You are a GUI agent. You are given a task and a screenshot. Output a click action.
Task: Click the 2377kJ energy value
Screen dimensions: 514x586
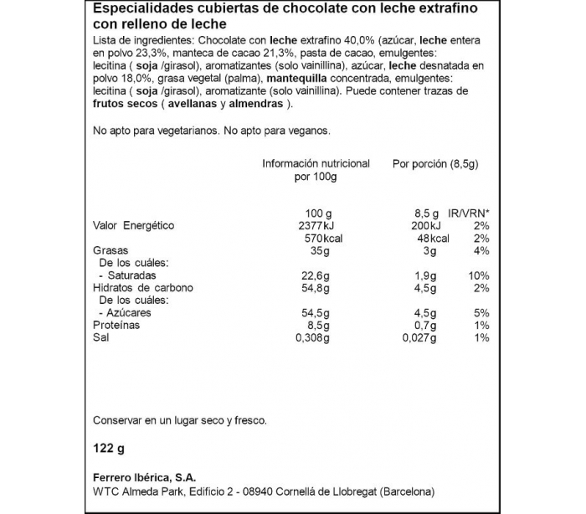click(x=316, y=226)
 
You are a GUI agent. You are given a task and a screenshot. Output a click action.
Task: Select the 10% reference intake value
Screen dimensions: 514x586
click(x=478, y=275)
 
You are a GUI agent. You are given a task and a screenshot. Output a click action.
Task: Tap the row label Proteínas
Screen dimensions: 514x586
click(x=116, y=325)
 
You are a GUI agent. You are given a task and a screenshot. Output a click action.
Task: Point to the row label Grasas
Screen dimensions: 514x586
click(x=112, y=251)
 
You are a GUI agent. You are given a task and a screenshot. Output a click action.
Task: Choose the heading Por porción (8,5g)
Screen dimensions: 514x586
click(x=435, y=164)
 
